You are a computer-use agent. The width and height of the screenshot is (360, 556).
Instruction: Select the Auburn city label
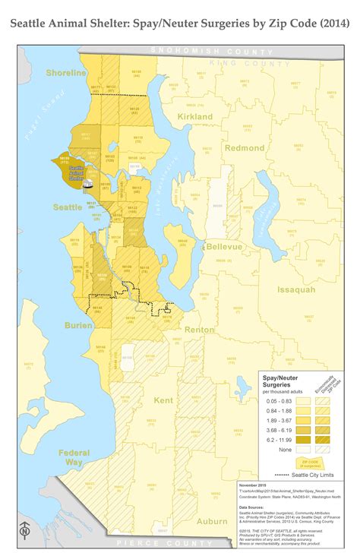(x=212, y=521)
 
